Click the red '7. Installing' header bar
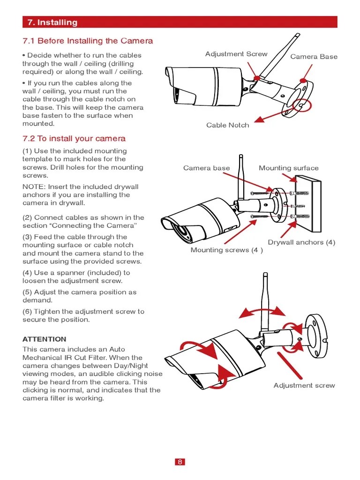[x=180, y=22]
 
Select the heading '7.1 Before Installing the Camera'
[x=88, y=41]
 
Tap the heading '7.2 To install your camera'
[x=74, y=139]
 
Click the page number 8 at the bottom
[x=180, y=462]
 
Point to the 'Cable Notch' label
[x=228, y=125]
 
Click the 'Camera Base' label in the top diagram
[x=314, y=57]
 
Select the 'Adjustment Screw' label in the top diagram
[x=236, y=54]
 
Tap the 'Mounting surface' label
[x=288, y=168]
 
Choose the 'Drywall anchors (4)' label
[x=301, y=242]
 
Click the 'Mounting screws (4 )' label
[x=226, y=250]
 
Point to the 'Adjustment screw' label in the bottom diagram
[x=304, y=385]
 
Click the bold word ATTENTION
[x=45, y=339]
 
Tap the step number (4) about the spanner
[x=27, y=273]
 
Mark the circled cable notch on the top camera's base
[x=300, y=106]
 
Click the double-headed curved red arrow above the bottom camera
[x=261, y=310]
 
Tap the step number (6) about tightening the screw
[x=27, y=312]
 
